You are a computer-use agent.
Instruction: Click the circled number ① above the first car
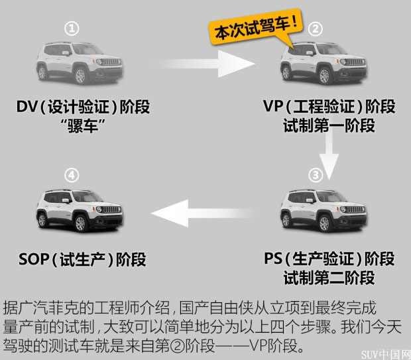coord(73,29)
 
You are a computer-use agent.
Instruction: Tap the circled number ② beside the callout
coord(316,29)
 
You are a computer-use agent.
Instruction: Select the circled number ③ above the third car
coord(316,175)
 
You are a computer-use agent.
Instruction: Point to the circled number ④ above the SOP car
coord(73,175)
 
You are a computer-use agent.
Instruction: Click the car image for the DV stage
coord(79,62)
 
